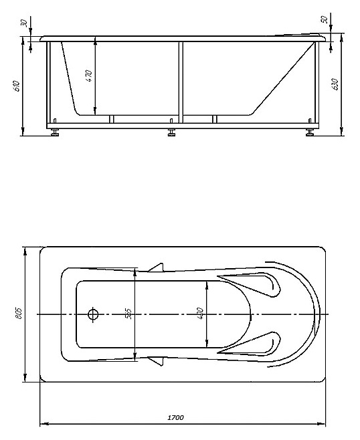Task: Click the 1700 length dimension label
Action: click(175, 417)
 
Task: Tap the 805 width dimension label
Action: click(19, 313)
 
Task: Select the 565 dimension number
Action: click(128, 314)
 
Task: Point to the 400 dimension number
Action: click(200, 314)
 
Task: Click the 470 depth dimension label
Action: click(88, 76)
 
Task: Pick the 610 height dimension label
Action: click(17, 86)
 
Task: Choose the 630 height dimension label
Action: click(335, 84)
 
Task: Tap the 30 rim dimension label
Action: click(25, 23)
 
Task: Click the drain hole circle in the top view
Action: click(93, 314)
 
